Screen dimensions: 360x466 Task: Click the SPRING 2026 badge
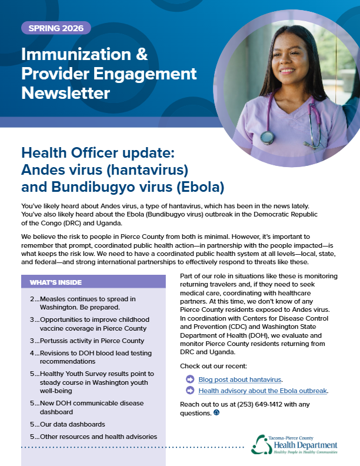coord(56,28)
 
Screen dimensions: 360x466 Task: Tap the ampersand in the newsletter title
coord(142,54)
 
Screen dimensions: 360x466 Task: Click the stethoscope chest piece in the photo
coord(267,137)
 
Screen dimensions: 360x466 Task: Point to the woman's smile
coord(287,71)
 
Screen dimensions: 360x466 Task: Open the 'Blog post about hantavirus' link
coord(239,380)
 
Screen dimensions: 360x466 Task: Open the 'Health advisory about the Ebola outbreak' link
coord(262,391)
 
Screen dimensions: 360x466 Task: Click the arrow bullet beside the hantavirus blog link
coord(190,380)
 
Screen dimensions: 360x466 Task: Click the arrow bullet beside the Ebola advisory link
coord(190,390)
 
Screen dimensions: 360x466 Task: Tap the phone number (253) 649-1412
coord(259,404)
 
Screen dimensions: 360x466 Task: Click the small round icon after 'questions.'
coord(216,412)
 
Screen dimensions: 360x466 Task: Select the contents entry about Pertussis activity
coord(87,341)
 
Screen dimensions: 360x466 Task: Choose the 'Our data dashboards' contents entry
coord(68,424)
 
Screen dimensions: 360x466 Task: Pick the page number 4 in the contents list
coord(32,353)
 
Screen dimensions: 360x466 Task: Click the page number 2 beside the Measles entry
coord(32,299)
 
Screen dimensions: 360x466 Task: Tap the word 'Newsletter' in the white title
coord(66,93)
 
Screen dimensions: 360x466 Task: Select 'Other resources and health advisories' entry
coord(94,437)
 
